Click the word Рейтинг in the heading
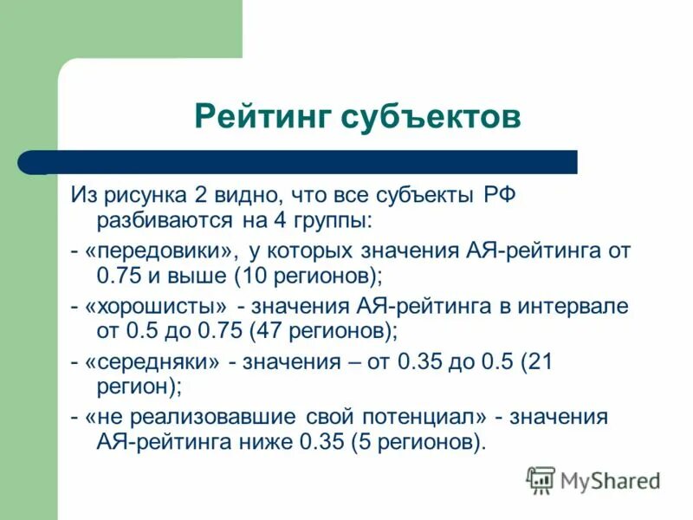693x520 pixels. [261, 115]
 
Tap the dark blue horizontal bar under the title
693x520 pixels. [312, 162]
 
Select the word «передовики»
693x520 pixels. [161, 251]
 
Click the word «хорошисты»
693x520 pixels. [158, 306]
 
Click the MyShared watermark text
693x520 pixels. [610, 479]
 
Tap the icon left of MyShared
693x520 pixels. [541, 479]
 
